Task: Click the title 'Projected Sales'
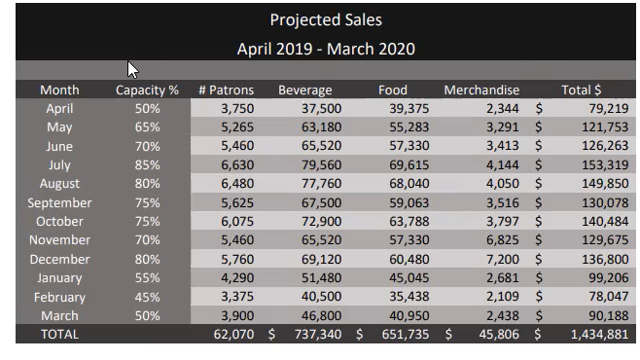pyautogui.click(x=326, y=19)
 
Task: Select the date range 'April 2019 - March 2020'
pyautogui.click(x=326, y=48)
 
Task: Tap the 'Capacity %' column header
pyautogui.click(x=147, y=90)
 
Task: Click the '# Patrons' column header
pyautogui.click(x=225, y=90)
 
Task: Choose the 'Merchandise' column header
pyautogui.click(x=481, y=90)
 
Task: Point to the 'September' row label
pyautogui.click(x=59, y=203)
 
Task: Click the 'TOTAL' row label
pyautogui.click(x=59, y=334)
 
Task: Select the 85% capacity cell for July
pyautogui.click(x=148, y=165)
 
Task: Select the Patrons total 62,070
pyautogui.click(x=233, y=334)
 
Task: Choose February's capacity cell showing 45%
pyautogui.click(x=148, y=297)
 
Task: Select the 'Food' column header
pyautogui.click(x=393, y=90)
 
